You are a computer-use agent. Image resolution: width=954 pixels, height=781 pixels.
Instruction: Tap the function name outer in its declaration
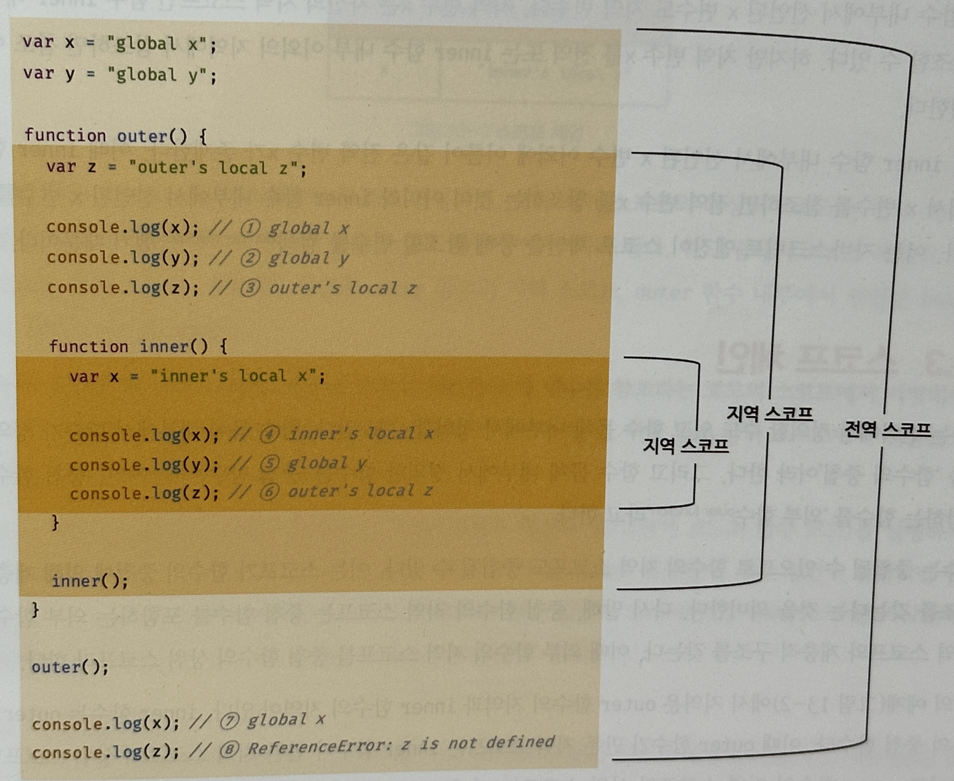click(x=142, y=136)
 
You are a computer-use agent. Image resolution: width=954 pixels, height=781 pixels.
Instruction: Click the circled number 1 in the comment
click(x=250, y=228)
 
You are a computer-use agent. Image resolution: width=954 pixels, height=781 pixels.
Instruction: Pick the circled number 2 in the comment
click(x=250, y=258)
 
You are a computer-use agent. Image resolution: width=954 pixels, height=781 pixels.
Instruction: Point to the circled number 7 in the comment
click(x=229, y=721)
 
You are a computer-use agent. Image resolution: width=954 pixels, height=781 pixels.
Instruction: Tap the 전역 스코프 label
click(x=887, y=429)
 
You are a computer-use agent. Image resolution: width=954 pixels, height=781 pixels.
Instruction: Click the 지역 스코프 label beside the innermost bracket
click(x=686, y=445)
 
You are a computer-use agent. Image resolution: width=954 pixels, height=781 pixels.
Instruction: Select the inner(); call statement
click(x=90, y=581)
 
